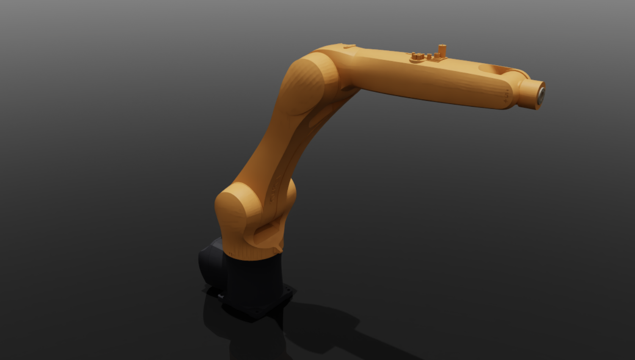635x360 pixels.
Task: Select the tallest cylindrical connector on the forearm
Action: pyautogui.click(x=442, y=50)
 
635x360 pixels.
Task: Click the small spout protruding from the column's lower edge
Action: pyautogui.click(x=277, y=250)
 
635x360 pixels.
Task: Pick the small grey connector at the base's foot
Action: pyautogui.click(x=220, y=296)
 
